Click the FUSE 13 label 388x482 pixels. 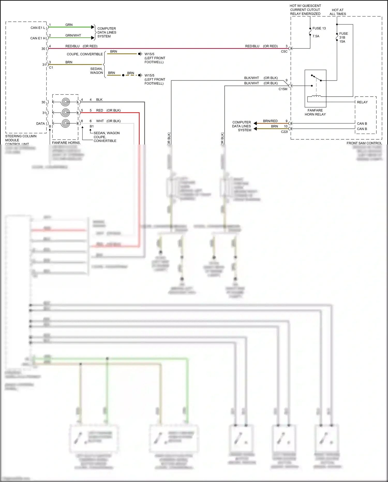(319, 28)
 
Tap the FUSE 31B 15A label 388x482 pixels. (343, 37)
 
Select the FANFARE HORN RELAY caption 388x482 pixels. (315, 112)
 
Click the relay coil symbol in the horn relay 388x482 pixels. (316, 97)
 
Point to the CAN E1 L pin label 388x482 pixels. (38, 28)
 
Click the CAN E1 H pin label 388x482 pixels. (38, 38)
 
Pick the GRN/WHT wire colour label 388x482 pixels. (73, 35)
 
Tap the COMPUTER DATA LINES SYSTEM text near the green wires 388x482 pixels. (107, 32)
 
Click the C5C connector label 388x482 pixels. (284, 52)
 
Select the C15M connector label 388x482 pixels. (283, 89)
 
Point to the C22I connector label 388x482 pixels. (284, 132)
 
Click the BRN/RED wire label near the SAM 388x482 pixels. (270, 121)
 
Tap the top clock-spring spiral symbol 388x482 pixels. (65, 102)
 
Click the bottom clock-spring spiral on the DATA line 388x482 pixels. (65, 123)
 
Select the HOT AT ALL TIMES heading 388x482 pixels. (338, 12)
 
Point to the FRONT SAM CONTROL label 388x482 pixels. (364, 143)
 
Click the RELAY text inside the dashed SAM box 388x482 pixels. (362, 102)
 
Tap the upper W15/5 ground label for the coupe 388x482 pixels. (154, 58)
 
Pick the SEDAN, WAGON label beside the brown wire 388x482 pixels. (96, 70)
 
